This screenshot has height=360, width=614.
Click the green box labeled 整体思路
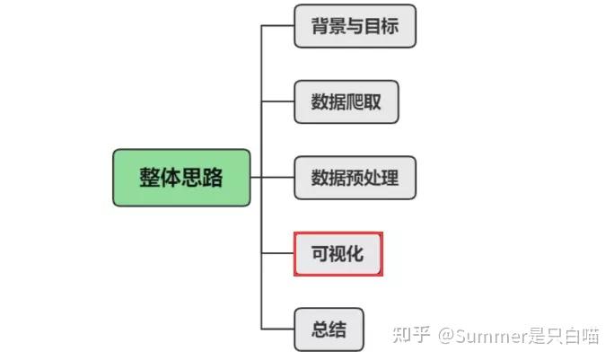181,178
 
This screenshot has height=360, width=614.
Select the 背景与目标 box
355,26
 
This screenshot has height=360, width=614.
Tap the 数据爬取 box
346,101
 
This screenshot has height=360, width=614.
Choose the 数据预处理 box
355,178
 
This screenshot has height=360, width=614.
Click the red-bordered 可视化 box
338,253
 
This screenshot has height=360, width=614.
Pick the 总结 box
329,329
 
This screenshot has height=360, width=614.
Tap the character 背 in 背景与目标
318,26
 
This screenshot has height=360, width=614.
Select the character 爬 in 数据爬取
355,101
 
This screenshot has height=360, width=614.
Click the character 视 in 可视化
338,253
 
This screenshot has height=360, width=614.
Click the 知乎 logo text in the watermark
411,337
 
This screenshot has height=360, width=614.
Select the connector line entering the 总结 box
278,329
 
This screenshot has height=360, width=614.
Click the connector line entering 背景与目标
278,26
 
